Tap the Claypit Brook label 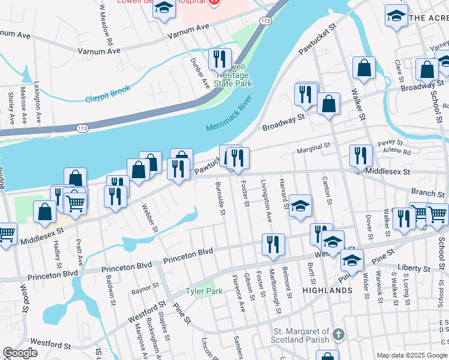pyautogui.click(x=107, y=94)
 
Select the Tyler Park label pyautogui.click(x=204, y=291)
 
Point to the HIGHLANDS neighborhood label pyautogui.click(x=327, y=290)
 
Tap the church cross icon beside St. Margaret pyautogui.click(x=339, y=334)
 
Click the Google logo pyautogui.click(x=20, y=352)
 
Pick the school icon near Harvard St pyautogui.click(x=300, y=205)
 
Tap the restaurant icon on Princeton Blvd pyautogui.click(x=273, y=244)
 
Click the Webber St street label pyautogui.click(x=149, y=218)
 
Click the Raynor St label pyautogui.click(x=144, y=292)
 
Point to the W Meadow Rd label pyautogui.click(x=106, y=25)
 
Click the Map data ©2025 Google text pyautogui.click(x=412, y=355)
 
